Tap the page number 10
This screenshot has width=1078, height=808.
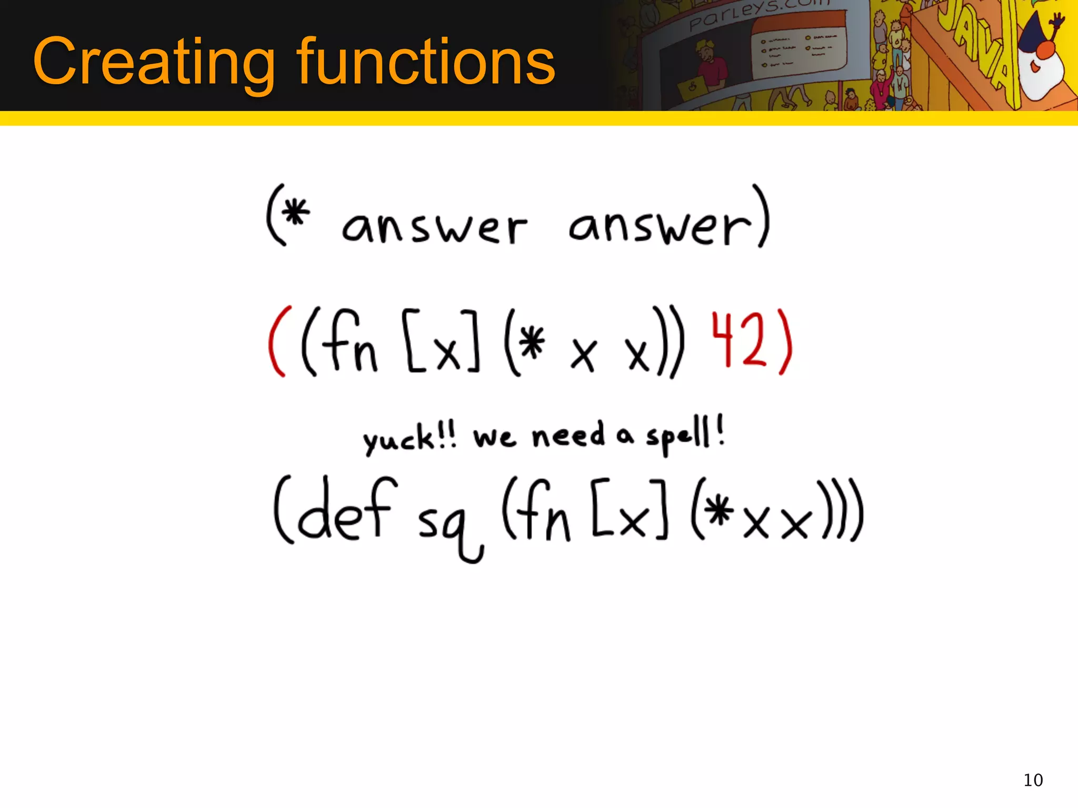1033,780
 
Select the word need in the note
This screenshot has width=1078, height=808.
568,436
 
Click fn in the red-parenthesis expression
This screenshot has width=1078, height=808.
347,342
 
